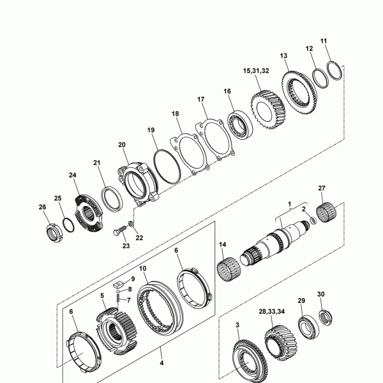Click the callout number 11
tap(324, 41)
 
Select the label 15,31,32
tap(256, 71)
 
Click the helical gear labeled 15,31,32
tap(267, 109)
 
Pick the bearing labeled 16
tap(239, 124)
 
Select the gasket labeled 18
tap(190, 154)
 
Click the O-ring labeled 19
tap(167, 166)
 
